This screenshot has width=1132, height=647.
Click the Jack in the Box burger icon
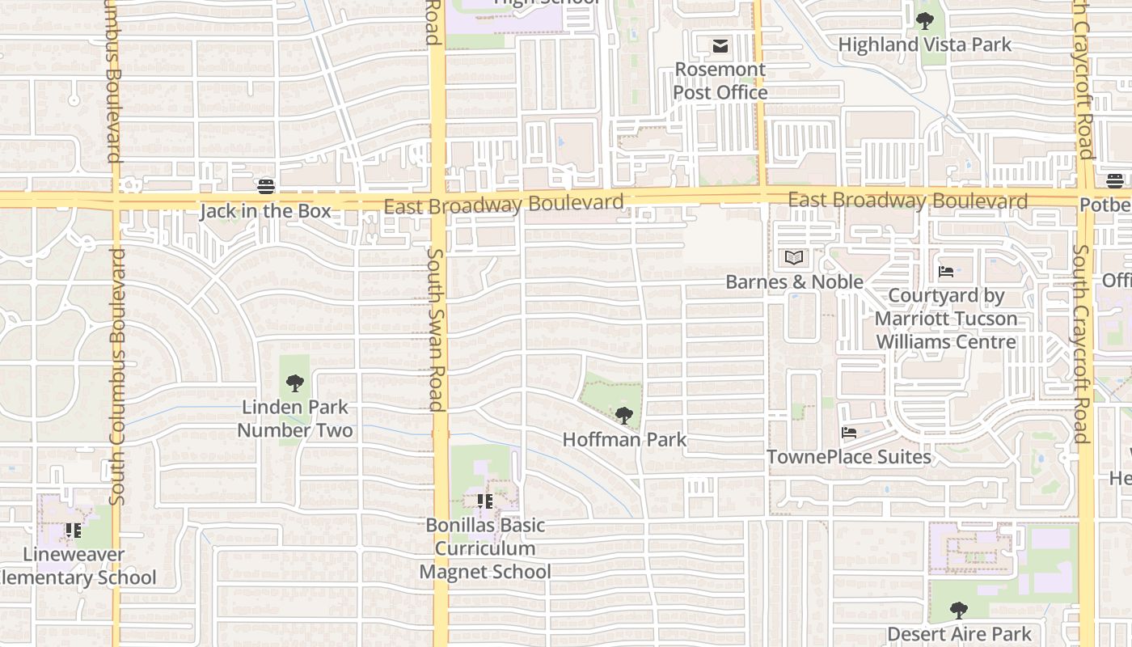(266, 187)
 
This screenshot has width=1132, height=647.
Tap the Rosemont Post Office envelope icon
(720, 46)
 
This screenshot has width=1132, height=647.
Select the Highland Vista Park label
(924, 44)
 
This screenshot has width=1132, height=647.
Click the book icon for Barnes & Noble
(795, 258)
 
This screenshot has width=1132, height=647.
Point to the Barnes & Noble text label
(794, 282)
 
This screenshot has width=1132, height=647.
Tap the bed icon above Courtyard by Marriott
(945, 272)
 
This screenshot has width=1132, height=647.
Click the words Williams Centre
(946, 341)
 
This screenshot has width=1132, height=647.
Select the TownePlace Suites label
(848, 457)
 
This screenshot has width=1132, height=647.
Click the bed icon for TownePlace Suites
(848, 433)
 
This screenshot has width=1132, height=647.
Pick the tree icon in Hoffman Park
(623, 416)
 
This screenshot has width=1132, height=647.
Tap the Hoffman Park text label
(624, 440)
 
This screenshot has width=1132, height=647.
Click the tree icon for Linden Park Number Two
(294, 383)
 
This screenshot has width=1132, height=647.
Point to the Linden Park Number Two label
(294, 418)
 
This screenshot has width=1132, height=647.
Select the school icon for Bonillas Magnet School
(484, 501)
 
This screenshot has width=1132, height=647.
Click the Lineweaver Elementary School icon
(74, 531)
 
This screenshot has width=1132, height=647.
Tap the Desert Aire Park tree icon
(959, 610)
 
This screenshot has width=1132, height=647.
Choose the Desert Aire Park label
(959, 634)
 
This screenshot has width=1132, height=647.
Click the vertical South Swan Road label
(435, 330)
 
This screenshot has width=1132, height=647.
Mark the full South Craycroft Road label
(1081, 344)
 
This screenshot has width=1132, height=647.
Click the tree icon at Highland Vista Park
(924, 21)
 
